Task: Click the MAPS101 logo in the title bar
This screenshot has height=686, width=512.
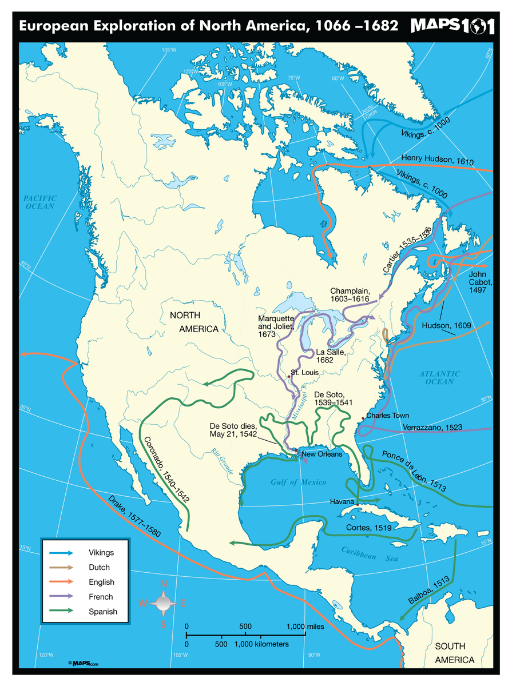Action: click(x=451, y=26)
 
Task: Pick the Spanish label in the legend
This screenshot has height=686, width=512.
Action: click(x=102, y=612)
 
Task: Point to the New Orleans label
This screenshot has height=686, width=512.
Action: click(x=322, y=454)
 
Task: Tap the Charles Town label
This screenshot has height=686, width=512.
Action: click(x=387, y=416)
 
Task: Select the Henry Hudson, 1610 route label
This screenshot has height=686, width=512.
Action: click(x=438, y=159)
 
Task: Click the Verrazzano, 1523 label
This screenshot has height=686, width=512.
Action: click(x=432, y=427)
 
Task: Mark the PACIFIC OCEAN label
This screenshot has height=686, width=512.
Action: click(x=39, y=202)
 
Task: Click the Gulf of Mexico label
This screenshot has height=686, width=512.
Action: click(x=298, y=482)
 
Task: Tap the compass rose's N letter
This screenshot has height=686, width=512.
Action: click(x=163, y=584)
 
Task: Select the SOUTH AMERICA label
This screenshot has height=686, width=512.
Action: click(x=454, y=653)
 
